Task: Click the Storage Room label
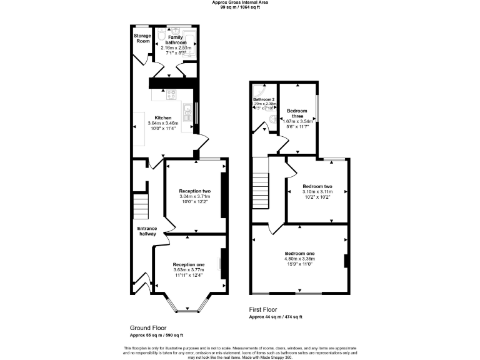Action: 142,39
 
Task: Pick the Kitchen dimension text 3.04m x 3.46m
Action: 163,124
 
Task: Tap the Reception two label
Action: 194,191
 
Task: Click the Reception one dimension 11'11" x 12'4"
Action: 188,275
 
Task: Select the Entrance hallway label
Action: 147,231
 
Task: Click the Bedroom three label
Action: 297,113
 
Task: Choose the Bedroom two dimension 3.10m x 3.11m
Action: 317,192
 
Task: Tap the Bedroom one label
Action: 301,253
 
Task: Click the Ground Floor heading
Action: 147,327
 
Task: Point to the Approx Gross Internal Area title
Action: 239,2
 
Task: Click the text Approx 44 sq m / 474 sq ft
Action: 276,317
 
